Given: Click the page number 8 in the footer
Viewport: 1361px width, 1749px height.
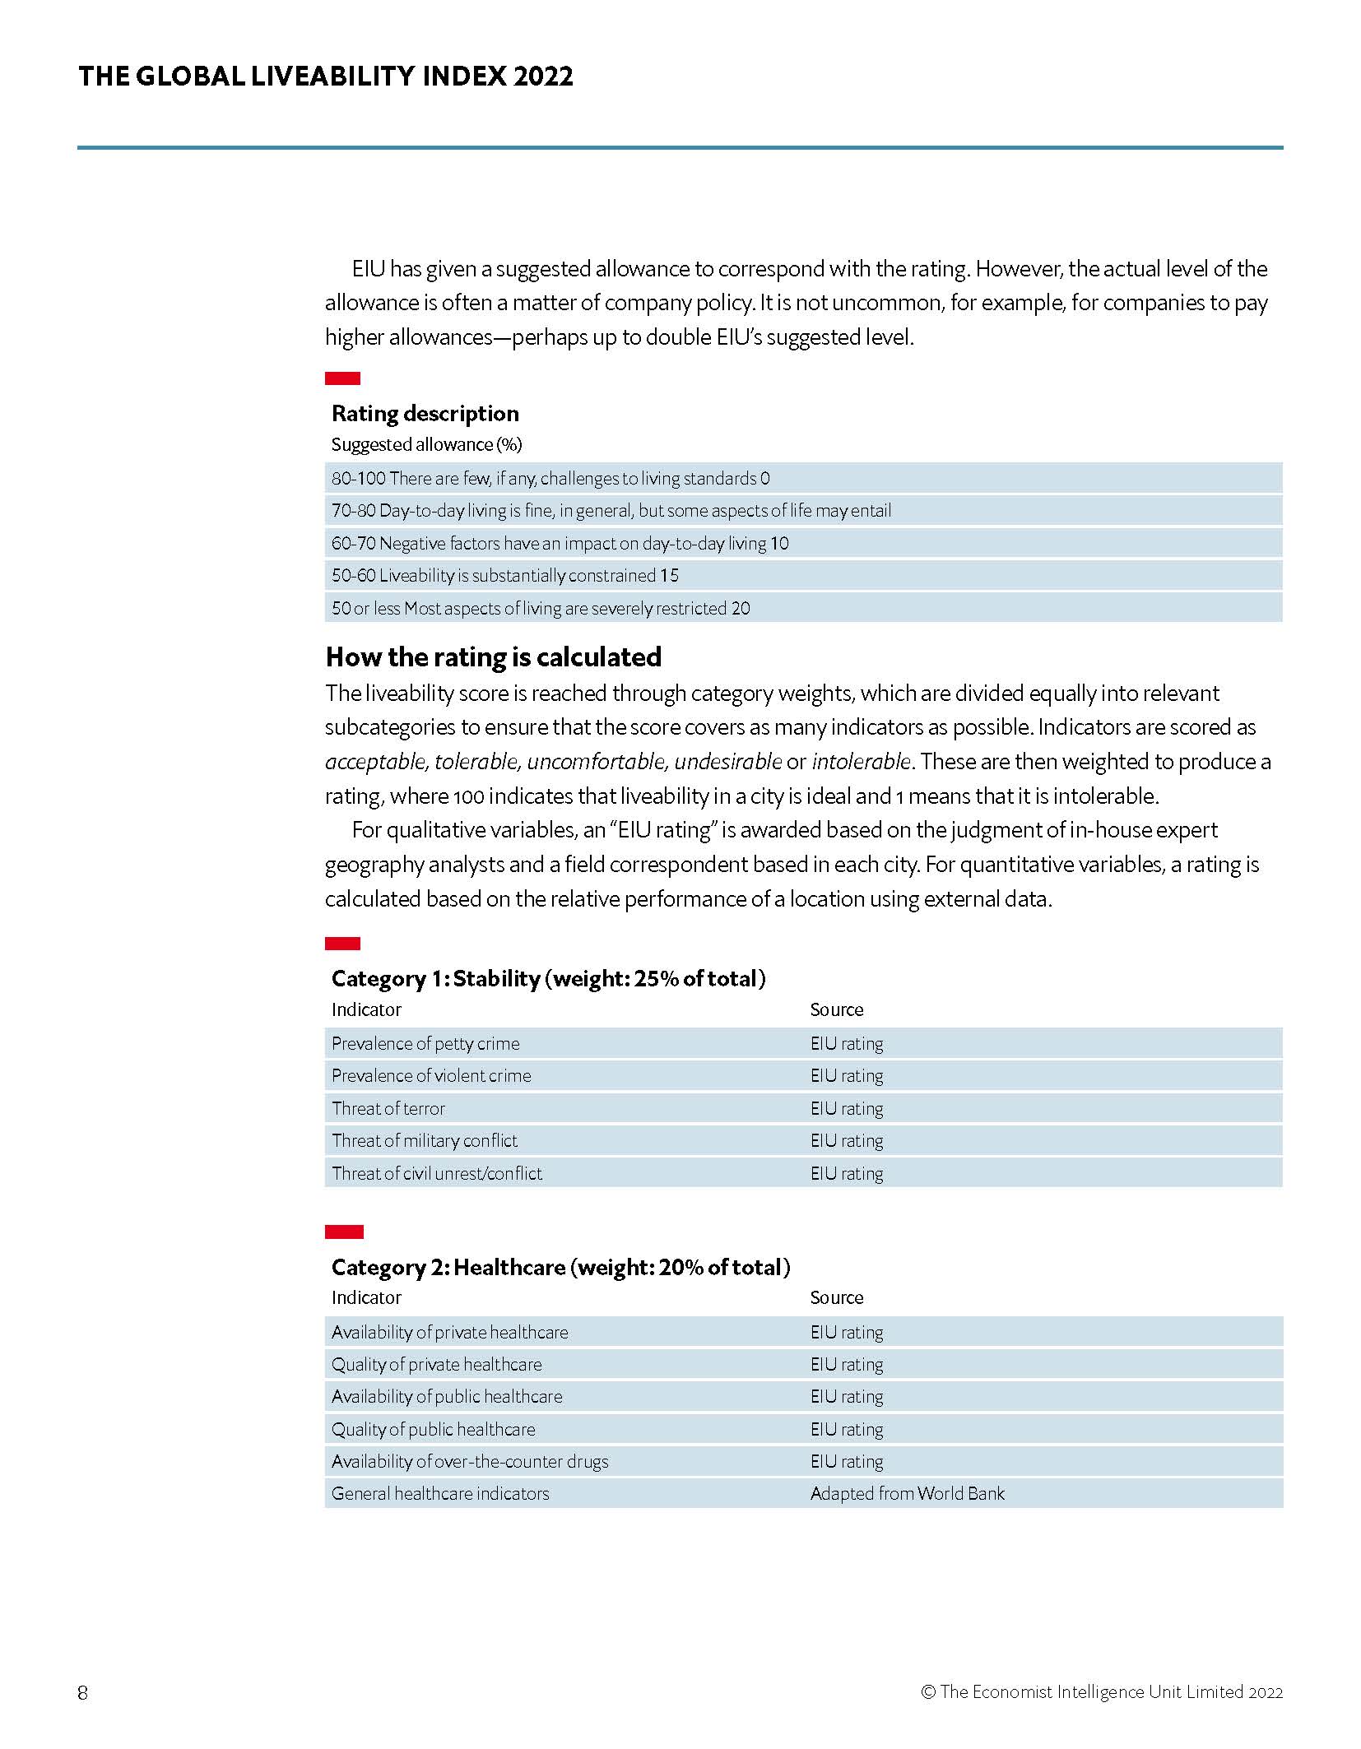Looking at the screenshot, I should [x=82, y=1692].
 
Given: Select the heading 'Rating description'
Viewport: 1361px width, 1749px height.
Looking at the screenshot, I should [x=425, y=413].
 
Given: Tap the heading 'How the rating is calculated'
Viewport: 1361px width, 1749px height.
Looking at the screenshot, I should [x=493, y=656].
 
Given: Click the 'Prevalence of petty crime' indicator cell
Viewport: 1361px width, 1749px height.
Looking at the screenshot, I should [x=425, y=1043].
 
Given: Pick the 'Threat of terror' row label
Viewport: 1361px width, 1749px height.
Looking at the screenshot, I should [x=388, y=1108].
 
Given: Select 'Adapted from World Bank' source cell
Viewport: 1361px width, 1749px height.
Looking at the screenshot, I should [x=907, y=1493].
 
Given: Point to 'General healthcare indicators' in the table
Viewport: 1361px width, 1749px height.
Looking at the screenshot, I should [x=440, y=1493].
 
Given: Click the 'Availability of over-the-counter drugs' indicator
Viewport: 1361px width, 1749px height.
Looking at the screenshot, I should [x=470, y=1461].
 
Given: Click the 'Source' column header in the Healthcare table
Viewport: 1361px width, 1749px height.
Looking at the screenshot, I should [x=836, y=1297].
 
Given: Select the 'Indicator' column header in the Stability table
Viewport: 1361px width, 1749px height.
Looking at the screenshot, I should [x=366, y=1009].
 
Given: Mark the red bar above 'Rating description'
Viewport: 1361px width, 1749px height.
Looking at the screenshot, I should [x=342, y=378].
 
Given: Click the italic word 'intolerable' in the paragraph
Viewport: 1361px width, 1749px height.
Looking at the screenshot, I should [x=861, y=762].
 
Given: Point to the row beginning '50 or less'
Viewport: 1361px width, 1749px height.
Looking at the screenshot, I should [x=541, y=608].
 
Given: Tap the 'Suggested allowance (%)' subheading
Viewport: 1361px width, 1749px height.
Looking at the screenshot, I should [x=426, y=444].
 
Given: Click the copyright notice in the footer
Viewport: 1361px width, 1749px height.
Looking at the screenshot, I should [x=1101, y=1692].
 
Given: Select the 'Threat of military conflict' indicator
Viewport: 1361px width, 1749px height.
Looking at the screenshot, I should [x=425, y=1140].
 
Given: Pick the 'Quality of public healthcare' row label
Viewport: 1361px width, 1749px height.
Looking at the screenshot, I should [x=433, y=1429].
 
